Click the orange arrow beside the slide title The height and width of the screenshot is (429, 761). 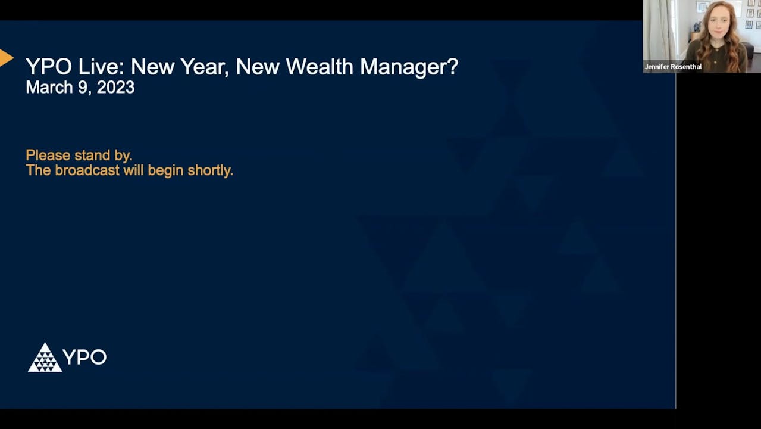click(x=6, y=58)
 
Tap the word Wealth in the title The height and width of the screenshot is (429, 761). click(x=320, y=67)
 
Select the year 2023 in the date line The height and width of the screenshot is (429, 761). click(x=115, y=88)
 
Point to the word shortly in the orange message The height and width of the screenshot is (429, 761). click(x=209, y=170)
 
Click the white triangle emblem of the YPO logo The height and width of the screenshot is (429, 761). click(x=45, y=358)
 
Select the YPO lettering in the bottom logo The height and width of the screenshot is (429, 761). click(x=84, y=357)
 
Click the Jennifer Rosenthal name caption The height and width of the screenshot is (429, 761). click(x=673, y=67)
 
